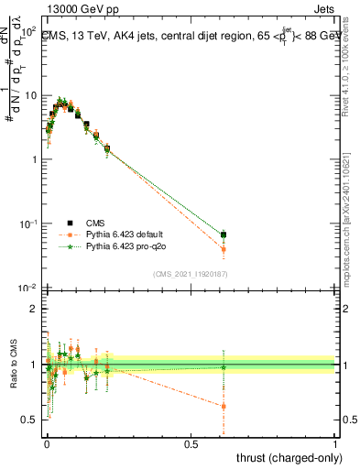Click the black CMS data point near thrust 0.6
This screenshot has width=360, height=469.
(x=224, y=234)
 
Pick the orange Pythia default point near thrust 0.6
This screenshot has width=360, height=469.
(x=224, y=249)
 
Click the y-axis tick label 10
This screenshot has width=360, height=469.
(x=31, y=95)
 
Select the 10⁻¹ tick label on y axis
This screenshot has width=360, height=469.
(x=27, y=224)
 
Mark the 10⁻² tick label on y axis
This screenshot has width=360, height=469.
(x=27, y=288)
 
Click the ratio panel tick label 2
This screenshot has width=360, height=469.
(x=35, y=309)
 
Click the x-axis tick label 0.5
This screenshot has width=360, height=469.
(x=191, y=443)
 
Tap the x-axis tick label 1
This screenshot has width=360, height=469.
(x=335, y=443)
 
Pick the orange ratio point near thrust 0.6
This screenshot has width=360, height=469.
(x=224, y=406)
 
